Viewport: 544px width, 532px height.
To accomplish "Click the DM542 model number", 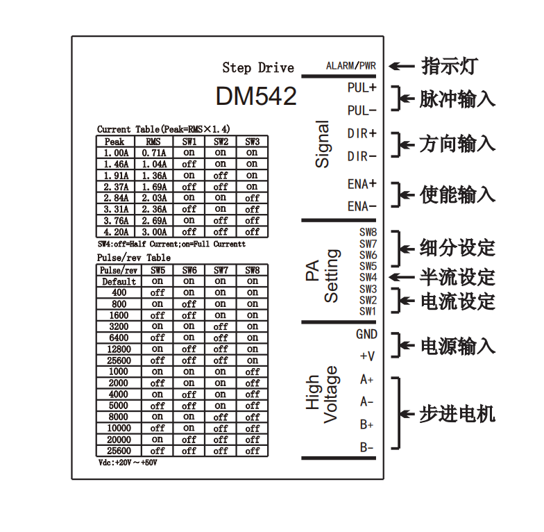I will [x=256, y=97].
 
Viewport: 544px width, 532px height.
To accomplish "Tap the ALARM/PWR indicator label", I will [x=350, y=67].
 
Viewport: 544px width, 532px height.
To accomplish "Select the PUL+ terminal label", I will [x=362, y=88].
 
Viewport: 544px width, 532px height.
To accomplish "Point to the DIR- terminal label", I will [x=362, y=156].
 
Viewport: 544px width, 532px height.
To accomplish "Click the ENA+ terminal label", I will [x=362, y=184].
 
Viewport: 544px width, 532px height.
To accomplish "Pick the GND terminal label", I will [x=366, y=334].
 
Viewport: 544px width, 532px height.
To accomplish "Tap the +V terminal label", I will [x=367, y=356].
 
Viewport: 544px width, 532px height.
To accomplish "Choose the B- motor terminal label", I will [x=367, y=447].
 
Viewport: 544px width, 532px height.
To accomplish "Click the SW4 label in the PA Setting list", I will [x=368, y=277].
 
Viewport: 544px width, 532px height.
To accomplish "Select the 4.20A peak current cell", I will [x=117, y=231].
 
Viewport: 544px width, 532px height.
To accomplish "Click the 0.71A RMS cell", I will [x=153, y=153].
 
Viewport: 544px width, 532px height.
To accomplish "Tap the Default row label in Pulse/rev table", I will [x=119, y=281].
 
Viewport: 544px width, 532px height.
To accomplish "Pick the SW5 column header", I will [x=158, y=270].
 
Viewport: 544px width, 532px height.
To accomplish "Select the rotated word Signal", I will [x=323, y=144].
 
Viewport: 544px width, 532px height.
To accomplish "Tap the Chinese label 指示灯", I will [x=448, y=67].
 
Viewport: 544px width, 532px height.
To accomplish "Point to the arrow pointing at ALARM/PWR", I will [x=401, y=67].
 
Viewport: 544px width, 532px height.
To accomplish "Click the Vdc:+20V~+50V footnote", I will [x=128, y=462].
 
